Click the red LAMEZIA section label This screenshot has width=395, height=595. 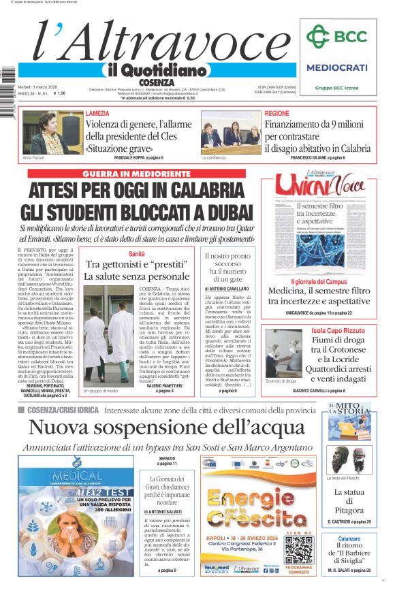coord(97,113)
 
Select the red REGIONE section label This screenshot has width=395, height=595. coord(276,113)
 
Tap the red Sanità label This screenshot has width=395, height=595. coord(137,253)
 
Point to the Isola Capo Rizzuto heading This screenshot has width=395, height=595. coord(330,331)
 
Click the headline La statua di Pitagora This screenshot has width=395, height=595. coord(349,501)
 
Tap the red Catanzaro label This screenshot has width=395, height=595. coord(350,538)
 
